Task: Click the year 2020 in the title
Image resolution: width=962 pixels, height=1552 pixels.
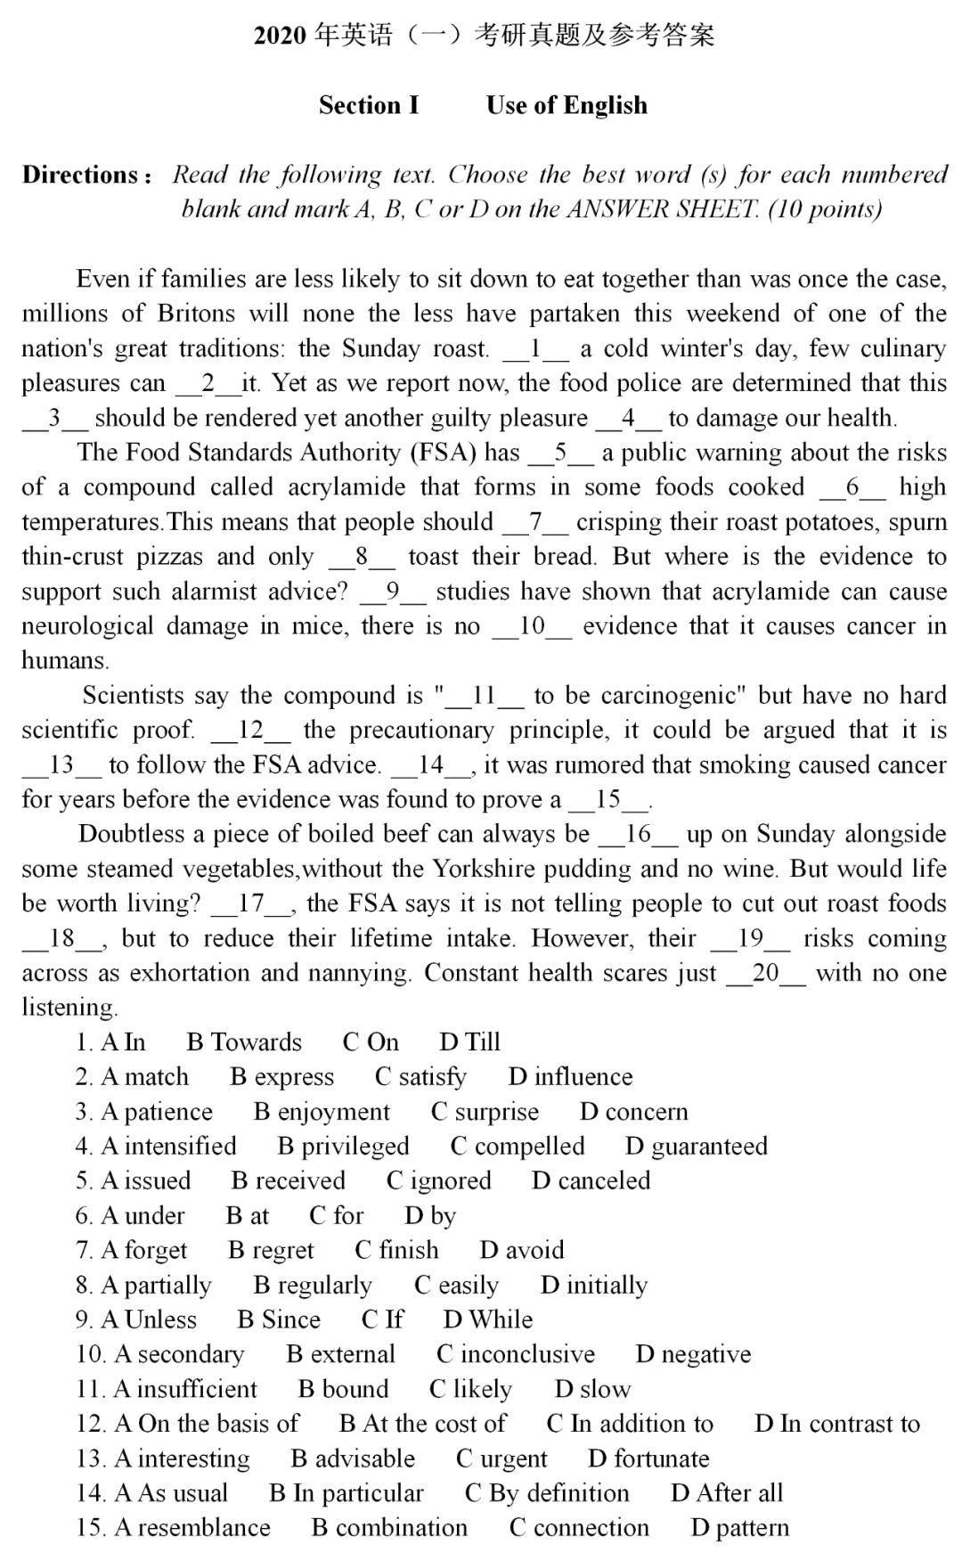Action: [281, 36]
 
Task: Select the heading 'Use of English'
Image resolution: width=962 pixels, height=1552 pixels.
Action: [567, 105]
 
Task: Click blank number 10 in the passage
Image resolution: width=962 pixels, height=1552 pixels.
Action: [532, 626]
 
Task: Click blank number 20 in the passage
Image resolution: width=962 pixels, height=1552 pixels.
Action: [765, 973]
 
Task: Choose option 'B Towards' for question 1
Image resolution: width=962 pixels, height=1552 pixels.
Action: [244, 1042]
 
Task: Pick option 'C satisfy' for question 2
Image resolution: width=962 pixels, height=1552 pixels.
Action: [420, 1077]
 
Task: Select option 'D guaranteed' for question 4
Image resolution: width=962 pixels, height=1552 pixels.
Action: [696, 1147]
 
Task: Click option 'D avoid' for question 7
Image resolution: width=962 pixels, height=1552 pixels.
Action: [521, 1251]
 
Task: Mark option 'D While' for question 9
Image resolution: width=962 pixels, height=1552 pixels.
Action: [487, 1319]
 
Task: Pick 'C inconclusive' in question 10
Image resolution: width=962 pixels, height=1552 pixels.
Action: [515, 1354]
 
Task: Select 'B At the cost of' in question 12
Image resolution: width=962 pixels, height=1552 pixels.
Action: [422, 1424]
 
